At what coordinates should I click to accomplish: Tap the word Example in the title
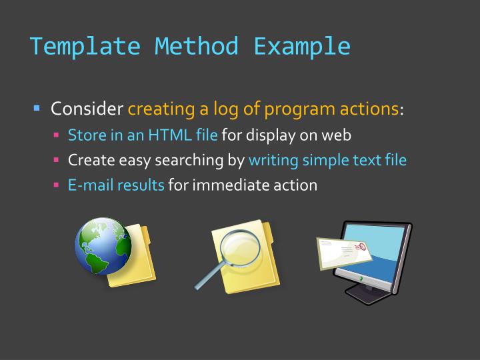(x=302, y=46)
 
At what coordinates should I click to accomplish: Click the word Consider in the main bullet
(x=87, y=108)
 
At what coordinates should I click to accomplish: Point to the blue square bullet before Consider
(x=37, y=108)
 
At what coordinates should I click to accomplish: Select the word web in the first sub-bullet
(x=337, y=135)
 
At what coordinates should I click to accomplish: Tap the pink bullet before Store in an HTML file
(x=57, y=136)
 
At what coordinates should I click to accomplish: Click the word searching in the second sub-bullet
(x=194, y=161)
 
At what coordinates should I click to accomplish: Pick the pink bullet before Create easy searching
(x=57, y=161)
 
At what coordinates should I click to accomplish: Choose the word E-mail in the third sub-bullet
(x=91, y=185)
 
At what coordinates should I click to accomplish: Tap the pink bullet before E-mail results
(x=57, y=185)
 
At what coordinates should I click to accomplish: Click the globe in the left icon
(x=103, y=245)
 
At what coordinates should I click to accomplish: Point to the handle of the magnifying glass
(x=207, y=278)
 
